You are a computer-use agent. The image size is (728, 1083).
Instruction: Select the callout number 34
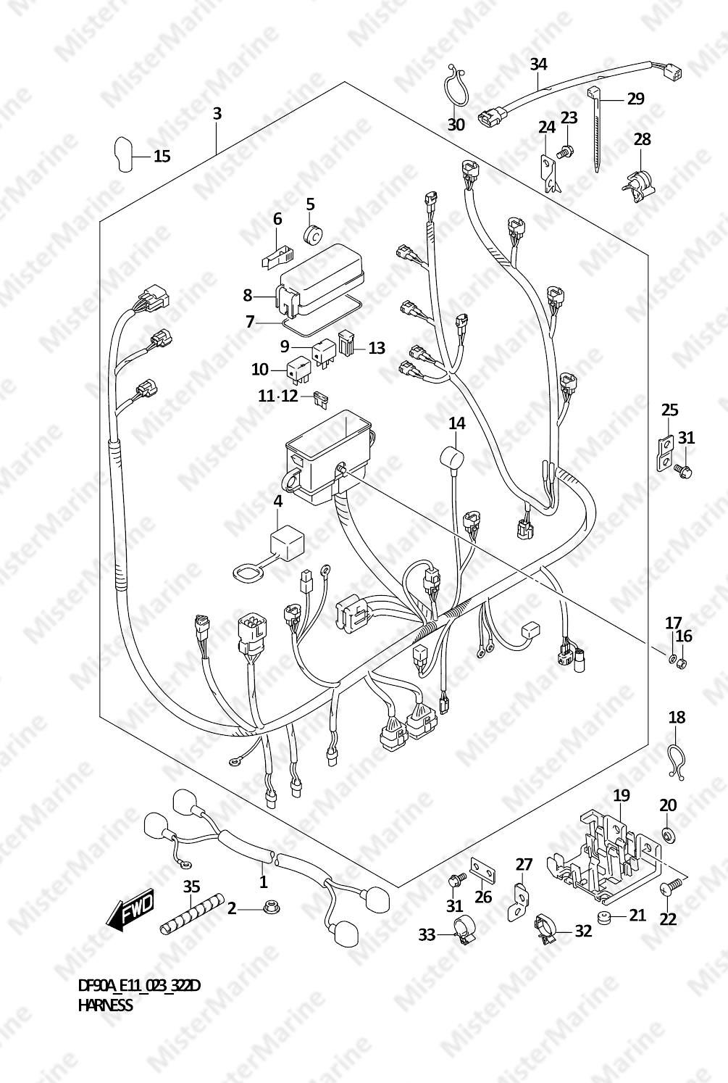[539, 65]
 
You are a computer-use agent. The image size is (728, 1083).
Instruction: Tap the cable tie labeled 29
[597, 128]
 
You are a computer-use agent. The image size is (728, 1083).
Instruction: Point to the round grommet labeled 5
[314, 236]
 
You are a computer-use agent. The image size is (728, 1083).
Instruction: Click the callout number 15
[162, 156]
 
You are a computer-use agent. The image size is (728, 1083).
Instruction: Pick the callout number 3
[217, 114]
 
